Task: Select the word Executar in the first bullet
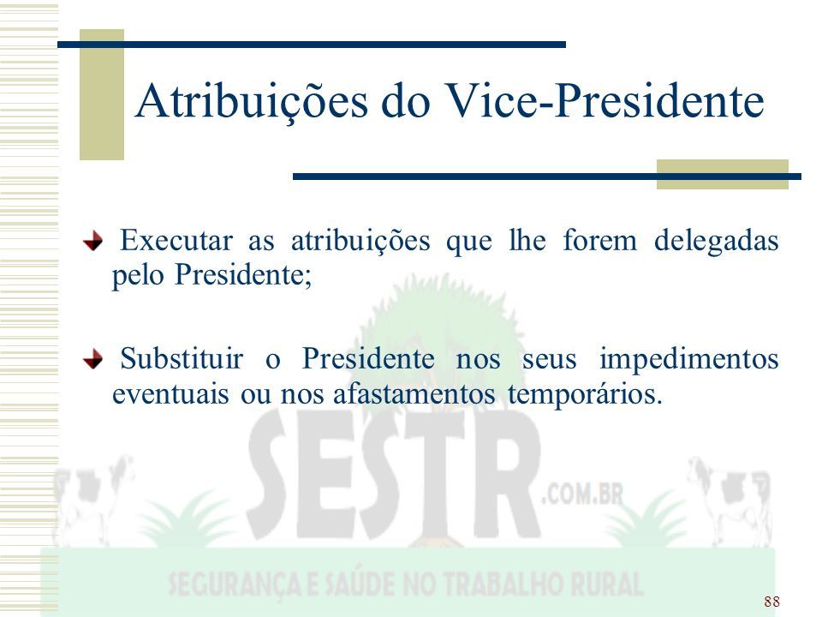[176, 241]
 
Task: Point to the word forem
[599, 241]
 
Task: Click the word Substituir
[182, 359]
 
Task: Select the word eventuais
[170, 394]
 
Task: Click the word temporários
[585, 395]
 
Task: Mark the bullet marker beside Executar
[92, 242]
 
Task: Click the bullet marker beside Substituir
[92, 359]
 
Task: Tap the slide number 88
[771, 602]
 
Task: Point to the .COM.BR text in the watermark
[582, 494]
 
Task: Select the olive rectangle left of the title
[102, 94]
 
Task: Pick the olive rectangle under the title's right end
[723, 174]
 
